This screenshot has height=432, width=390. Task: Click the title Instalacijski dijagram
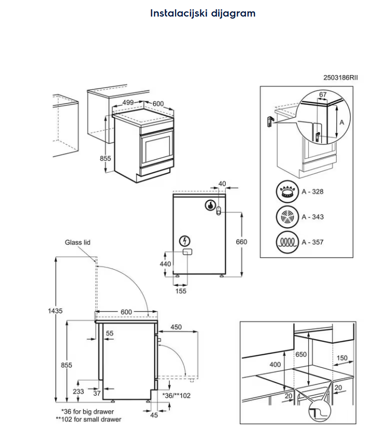[x=203, y=13]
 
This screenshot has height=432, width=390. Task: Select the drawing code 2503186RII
[x=340, y=78]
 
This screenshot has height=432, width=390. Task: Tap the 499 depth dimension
[x=128, y=102]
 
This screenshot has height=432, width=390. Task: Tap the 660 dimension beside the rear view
[x=241, y=242]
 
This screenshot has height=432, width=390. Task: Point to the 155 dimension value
[x=181, y=291]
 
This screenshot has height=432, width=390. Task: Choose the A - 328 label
[x=313, y=192]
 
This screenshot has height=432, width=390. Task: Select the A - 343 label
[x=313, y=217]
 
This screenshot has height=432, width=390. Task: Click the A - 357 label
[x=313, y=242]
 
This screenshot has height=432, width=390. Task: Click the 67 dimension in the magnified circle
[x=323, y=94]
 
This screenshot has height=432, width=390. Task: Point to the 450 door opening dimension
[x=176, y=326]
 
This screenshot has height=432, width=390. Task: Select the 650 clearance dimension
[x=316, y=354]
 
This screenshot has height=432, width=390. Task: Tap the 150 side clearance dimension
[x=342, y=358]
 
